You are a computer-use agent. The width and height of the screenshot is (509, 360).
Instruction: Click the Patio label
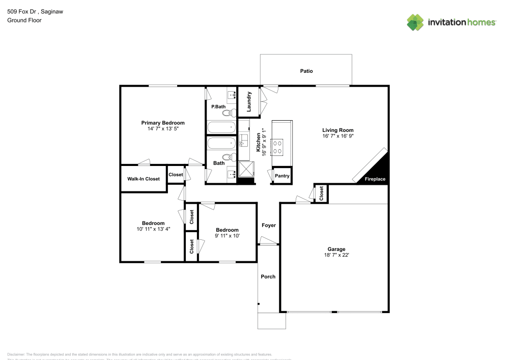(x=306, y=71)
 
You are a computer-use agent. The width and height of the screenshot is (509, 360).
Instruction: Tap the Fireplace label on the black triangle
(x=375, y=179)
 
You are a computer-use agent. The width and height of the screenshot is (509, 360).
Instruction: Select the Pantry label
(x=282, y=176)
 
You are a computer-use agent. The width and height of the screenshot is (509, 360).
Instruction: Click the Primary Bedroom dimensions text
(x=162, y=129)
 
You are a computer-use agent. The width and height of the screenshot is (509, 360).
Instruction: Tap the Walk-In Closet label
(x=144, y=179)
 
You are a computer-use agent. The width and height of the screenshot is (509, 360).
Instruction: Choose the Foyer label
(x=268, y=225)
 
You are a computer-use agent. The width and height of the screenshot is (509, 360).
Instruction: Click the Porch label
(x=268, y=276)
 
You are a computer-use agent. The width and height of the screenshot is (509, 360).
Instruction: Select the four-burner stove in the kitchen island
(x=278, y=147)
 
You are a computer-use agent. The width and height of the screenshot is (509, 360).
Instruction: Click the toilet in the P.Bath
(x=232, y=113)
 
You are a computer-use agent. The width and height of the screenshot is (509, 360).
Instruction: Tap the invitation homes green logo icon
(x=415, y=22)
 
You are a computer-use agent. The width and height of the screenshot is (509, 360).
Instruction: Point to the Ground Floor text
(x=24, y=20)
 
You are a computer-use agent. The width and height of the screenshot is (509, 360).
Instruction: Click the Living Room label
(x=337, y=130)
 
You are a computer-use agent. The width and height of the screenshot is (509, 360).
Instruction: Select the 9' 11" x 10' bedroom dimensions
(x=227, y=236)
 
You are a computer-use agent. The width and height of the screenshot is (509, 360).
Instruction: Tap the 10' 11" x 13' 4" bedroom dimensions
(x=153, y=229)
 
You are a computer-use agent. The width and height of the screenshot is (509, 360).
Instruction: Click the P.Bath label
(x=218, y=106)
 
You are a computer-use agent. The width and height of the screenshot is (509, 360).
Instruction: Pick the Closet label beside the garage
(x=322, y=193)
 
